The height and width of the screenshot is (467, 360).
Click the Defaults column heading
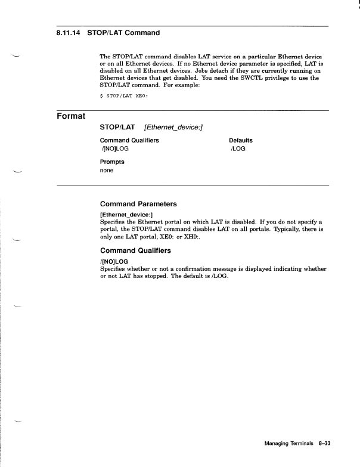pyautogui.click(x=240, y=140)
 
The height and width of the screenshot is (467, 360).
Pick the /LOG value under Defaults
pyautogui.click(x=237, y=149)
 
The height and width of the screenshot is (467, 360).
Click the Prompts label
pyautogui.click(x=112, y=162)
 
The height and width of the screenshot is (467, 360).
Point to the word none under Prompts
pyautogui.click(x=107, y=170)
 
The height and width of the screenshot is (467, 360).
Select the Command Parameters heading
pyautogui.click(x=138, y=203)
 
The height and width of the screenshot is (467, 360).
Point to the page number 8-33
pyautogui.click(x=324, y=444)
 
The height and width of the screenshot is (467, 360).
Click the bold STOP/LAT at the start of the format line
pyautogui.click(x=117, y=127)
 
